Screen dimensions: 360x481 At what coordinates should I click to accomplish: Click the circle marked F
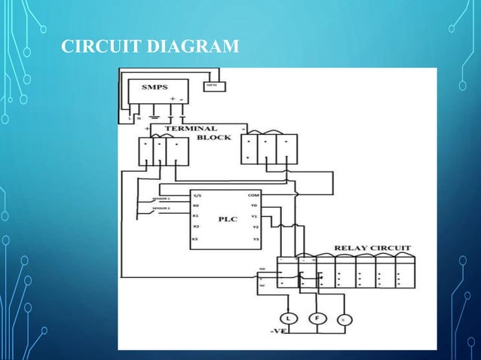(x=317, y=319)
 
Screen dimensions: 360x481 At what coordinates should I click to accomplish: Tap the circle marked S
(x=344, y=320)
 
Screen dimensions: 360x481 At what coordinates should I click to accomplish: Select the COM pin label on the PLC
(x=253, y=194)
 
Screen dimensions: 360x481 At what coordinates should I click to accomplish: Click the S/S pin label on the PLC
(x=198, y=195)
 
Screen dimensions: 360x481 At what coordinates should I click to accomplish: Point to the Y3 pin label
(x=255, y=239)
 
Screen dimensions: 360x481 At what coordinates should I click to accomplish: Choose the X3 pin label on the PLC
(x=196, y=239)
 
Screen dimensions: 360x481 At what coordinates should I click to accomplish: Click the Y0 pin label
(x=254, y=204)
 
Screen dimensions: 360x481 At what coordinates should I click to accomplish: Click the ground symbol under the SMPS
(x=155, y=117)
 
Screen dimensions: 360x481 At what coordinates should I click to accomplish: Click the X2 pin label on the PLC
(x=196, y=227)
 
